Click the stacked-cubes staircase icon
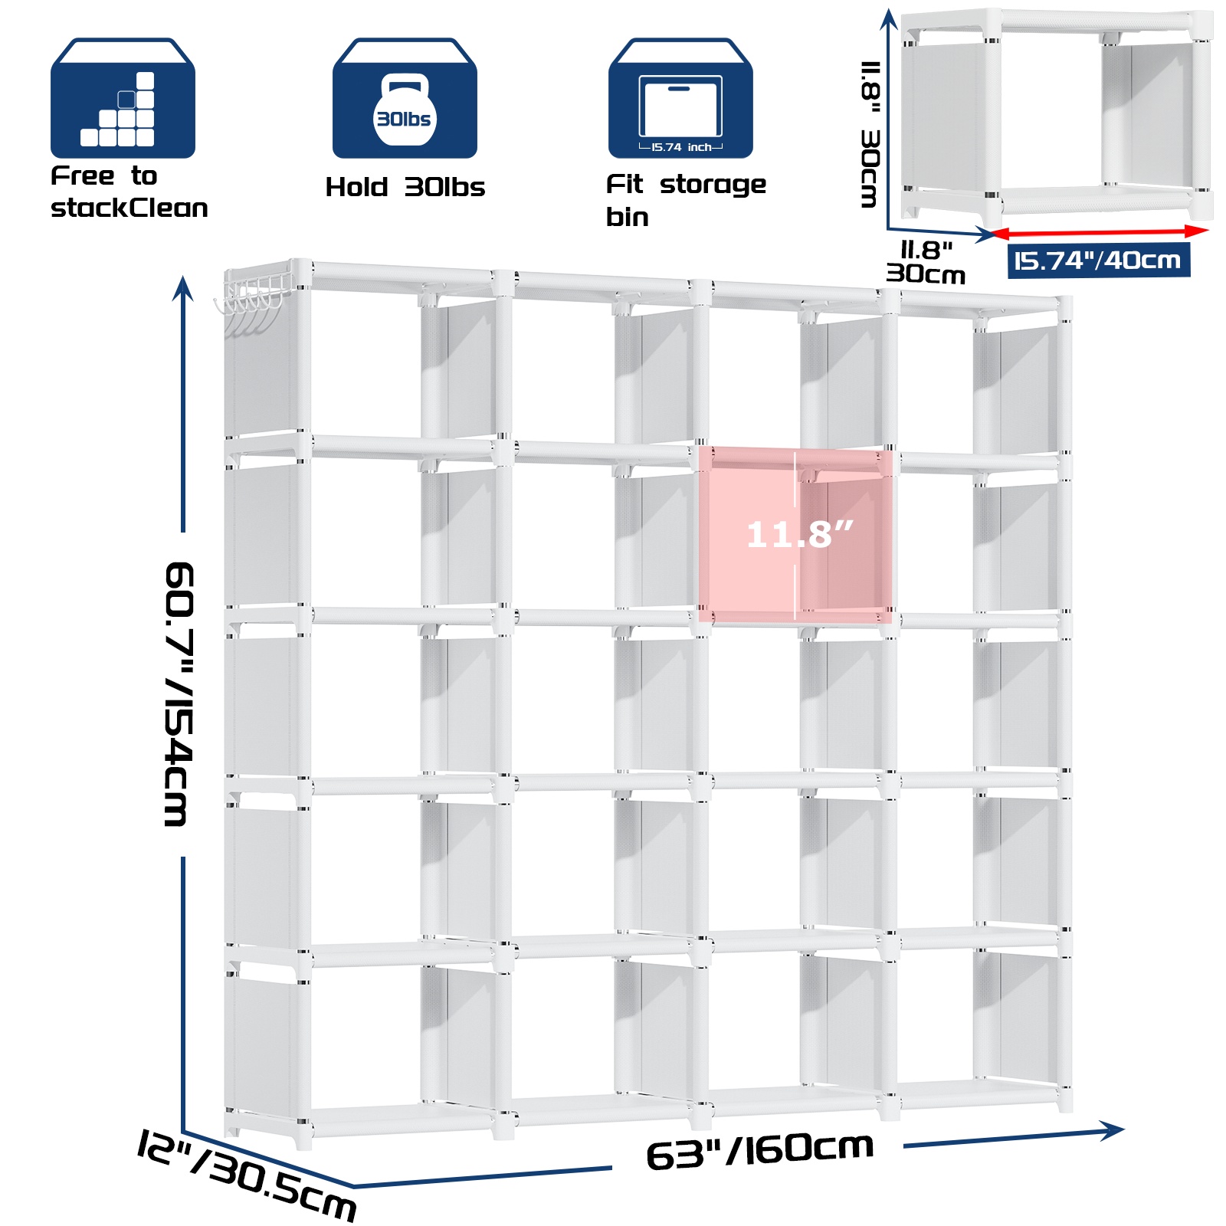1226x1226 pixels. click(x=123, y=98)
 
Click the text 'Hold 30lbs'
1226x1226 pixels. click(x=405, y=187)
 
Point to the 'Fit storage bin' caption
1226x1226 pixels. click(x=686, y=200)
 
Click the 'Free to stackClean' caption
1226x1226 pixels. click(x=129, y=192)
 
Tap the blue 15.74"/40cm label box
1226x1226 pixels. click(x=1098, y=261)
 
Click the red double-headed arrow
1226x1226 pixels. click(x=1099, y=231)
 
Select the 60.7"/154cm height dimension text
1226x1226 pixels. click(x=179, y=694)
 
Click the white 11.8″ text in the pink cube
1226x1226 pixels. click(x=799, y=534)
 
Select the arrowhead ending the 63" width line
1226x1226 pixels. click(x=1112, y=1130)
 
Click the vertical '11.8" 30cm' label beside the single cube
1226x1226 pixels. click(x=870, y=134)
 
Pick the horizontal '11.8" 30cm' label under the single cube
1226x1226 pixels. click(x=926, y=262)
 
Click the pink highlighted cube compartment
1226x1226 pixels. click(x=795, y=535)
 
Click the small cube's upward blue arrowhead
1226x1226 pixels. click(x=888, y=18)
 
